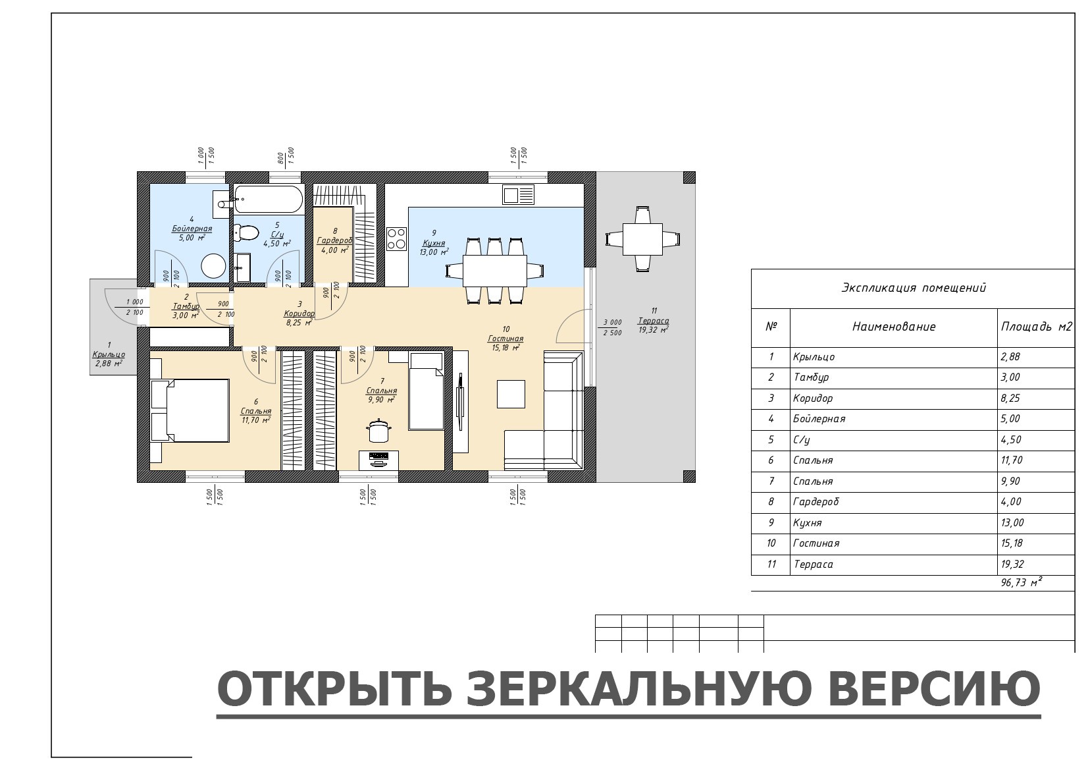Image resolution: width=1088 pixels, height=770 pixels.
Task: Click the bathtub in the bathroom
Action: click(x=268, y=200)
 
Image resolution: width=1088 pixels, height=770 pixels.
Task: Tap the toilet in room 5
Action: click(x=246, y=233)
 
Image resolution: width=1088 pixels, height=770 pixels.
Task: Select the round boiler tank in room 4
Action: click(x=213, y=266)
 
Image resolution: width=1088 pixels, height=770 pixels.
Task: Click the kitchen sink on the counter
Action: click(x=518, y=195)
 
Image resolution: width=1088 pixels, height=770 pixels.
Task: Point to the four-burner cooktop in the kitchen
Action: click(x=396, y=238)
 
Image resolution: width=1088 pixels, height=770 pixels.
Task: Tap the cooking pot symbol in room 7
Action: click(x=378, y=430)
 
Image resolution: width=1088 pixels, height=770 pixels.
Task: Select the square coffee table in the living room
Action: click(x=511, y=394)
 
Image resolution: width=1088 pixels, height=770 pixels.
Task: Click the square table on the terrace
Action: click(x=642, y=239)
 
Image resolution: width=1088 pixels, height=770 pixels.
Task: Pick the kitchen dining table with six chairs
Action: click(x=495, y=271)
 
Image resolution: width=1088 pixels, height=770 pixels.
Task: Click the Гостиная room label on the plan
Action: click(x=505, y=339)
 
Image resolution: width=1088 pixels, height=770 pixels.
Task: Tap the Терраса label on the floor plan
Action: click(x=654, y=321)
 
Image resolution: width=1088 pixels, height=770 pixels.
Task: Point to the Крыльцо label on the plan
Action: click(x=109, y=355)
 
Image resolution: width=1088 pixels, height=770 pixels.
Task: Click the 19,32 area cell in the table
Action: click(x=1012, y=564)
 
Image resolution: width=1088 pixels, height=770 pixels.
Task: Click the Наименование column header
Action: click(x=894, y=327)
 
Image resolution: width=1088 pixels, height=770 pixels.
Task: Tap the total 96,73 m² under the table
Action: click(x=1022, y=582)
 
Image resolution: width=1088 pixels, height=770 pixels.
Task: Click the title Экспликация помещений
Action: click(x=914, y=288)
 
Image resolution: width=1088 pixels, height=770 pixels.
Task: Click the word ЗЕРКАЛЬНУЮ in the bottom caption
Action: click(x=639, y=689)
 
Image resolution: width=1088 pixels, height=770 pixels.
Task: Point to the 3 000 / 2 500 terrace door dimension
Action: click(x=613, y=327)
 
